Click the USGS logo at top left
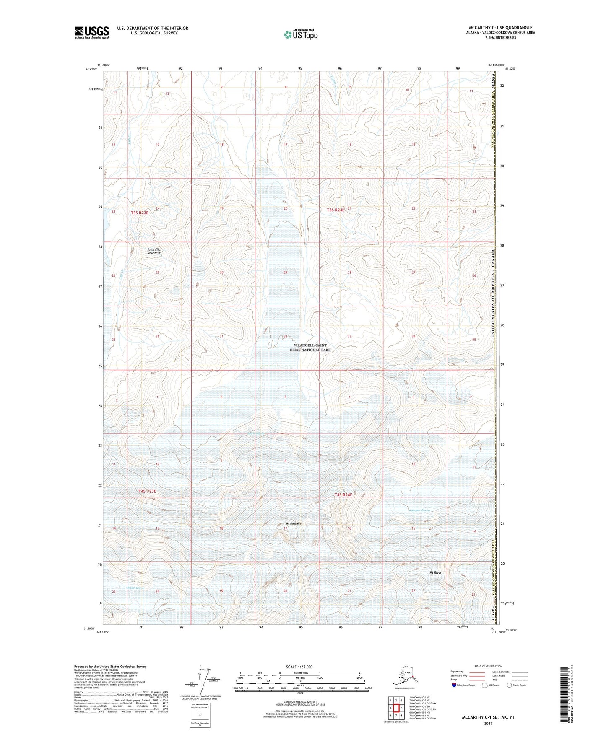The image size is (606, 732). tap(91, 32)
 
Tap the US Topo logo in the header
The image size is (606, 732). tap(300, 34)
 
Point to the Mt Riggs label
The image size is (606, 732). tap(435, 572)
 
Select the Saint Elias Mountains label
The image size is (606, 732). tap(154, 251)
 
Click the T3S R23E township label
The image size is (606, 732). tap(140, 213)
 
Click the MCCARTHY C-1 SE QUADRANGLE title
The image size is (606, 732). tap(500, 28)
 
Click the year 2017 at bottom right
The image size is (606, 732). tap(488, 723)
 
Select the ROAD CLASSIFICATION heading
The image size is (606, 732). tap(488, 666)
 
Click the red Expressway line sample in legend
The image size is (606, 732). tap(471, 672)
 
